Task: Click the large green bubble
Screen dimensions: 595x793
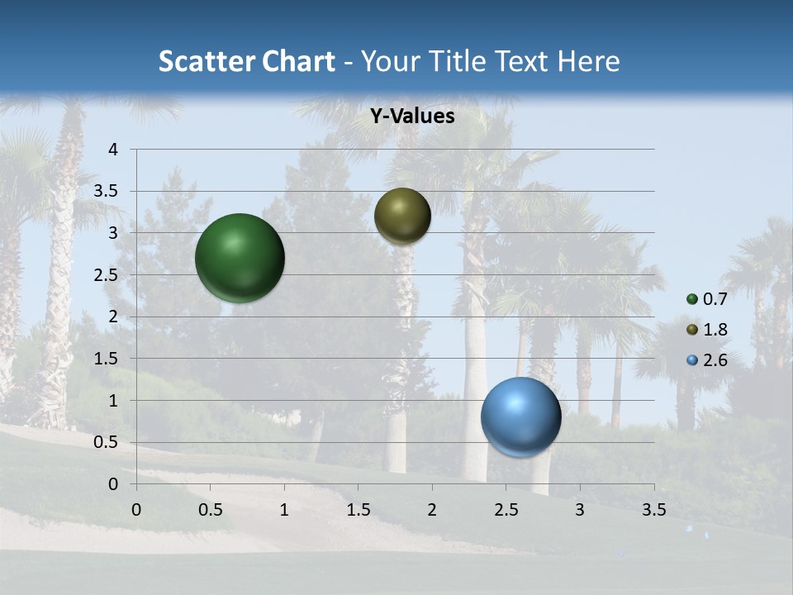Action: pyautogui.click(x=240, y=258)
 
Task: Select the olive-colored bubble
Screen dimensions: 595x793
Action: pyautogui.click(x=402, y=216)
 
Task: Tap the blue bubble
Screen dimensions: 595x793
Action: pyautogui.click(x=520, y=417)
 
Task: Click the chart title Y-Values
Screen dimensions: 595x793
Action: pyautogui.click(x=412, y=117)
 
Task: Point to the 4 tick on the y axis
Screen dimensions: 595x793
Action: pyautogui.click(x=114, y=150)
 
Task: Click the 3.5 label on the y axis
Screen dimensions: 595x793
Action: pyautogui.click(x=107, y=191)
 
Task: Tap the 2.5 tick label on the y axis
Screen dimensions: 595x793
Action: pyautogui.click(x=107, y=275)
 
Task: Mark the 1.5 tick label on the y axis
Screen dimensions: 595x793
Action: pyautogui.click(x=107, y=359)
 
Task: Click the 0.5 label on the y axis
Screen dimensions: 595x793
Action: pyautogui.click(x=107, y=442)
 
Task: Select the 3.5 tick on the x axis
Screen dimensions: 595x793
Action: pyautogui.click(x=654, y=510)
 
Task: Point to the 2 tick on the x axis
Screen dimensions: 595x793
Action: pyautogui.click(x=432, y=510)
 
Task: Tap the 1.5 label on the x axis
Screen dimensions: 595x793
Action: pyautogui.click(x=359, y=510)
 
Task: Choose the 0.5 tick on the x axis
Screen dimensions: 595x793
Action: pyautogui.click(x=211, y=510)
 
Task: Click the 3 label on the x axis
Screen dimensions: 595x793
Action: pyautogui.click(x=580, y=510)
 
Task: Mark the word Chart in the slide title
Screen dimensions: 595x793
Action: pyautogui.click(x=298, y=61)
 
